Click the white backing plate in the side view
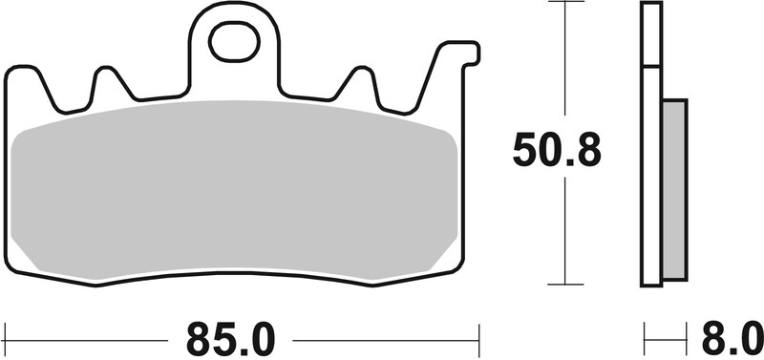[x=650, y=143]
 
